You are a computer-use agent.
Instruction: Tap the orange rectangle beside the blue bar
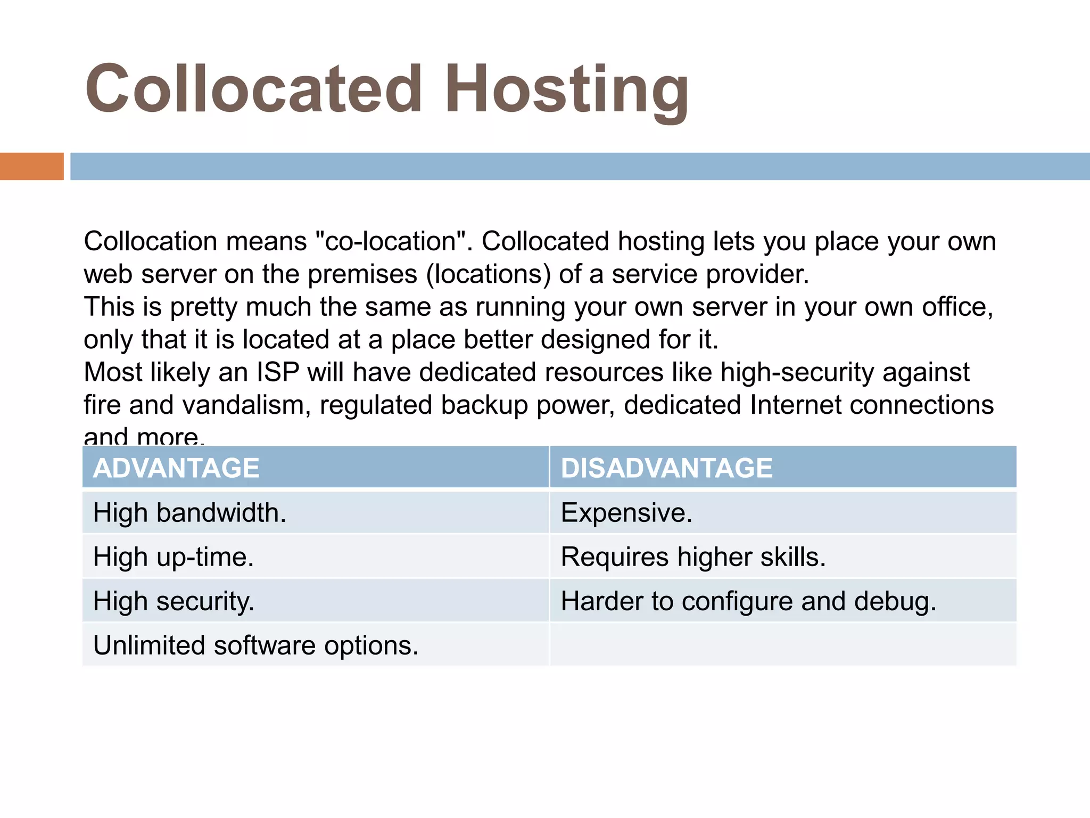pyautogui.click(x=31, y=166)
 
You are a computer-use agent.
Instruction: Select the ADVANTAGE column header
pyautogui.click(x=176, y=468)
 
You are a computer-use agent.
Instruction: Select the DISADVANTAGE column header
pyautogui.click(x=666, y=468)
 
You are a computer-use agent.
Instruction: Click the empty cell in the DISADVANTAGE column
pyautogui.click(x=782, y=645)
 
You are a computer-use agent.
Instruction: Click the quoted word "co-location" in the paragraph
pyautogui.click(x=391, y=241)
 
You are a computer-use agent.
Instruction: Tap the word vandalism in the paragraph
pyautogui.click(x=246, y=405)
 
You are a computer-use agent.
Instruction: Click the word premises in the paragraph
pyautogui.click(x=362, y=275)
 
